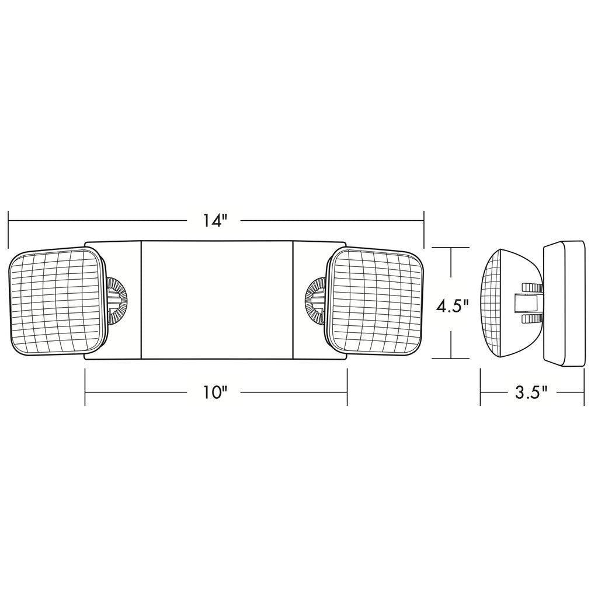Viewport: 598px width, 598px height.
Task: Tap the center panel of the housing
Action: pyautogui.click(x=217, y=300)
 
